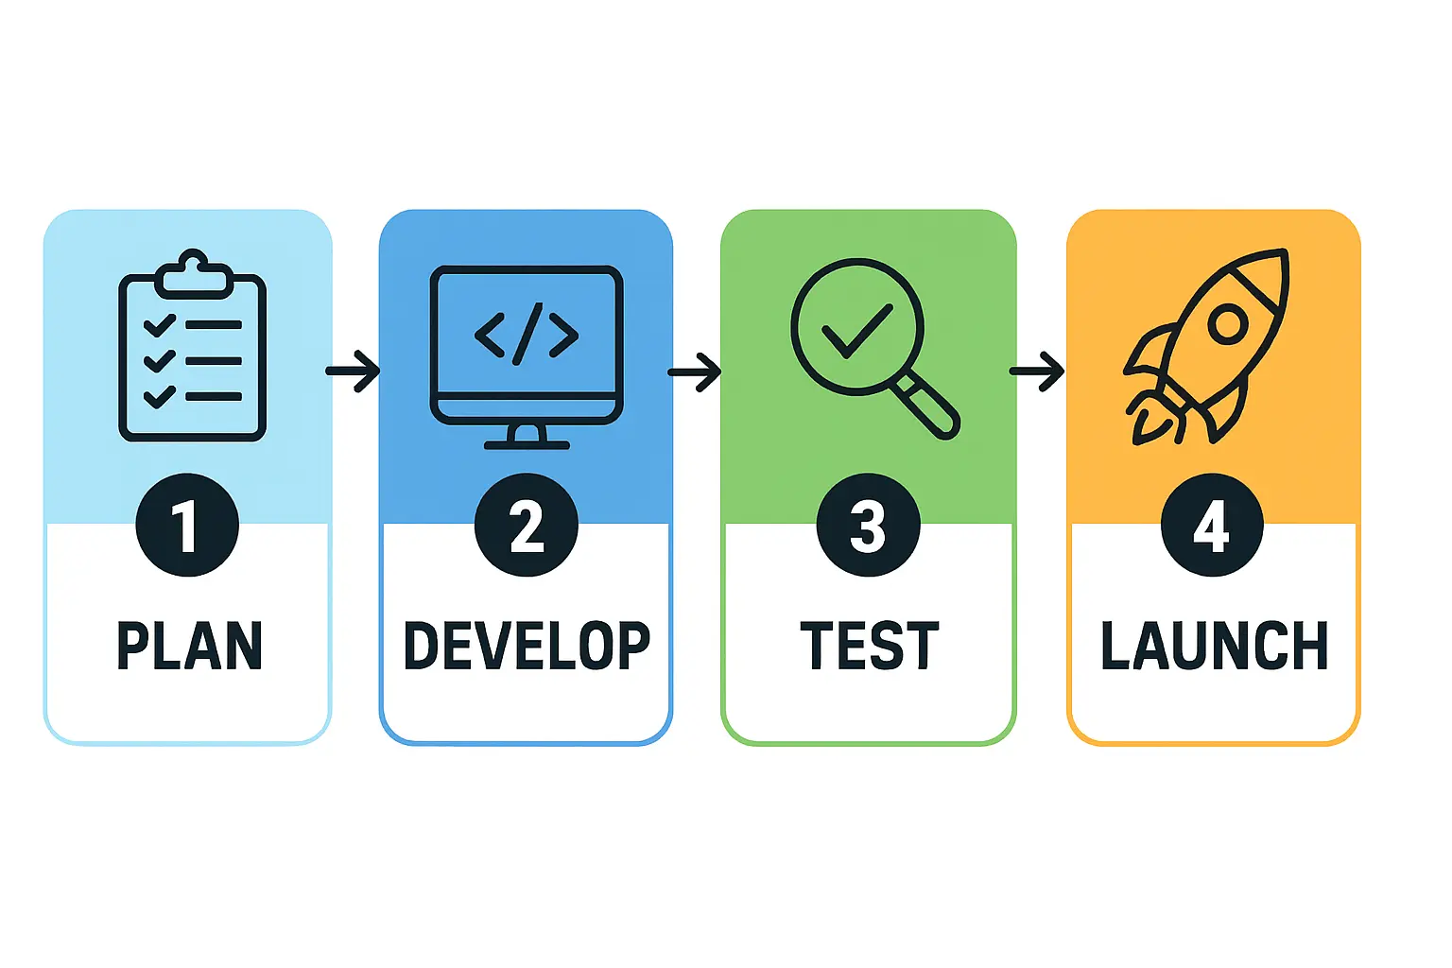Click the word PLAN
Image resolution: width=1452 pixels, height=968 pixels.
189,647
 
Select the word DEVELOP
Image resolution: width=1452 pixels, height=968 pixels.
527,647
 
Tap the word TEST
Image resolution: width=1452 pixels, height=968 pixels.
869,647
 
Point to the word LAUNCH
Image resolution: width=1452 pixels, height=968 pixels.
1214,647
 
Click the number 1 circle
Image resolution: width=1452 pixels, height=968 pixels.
187,526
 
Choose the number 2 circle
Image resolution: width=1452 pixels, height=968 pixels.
527,526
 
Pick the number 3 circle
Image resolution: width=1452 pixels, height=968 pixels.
868,526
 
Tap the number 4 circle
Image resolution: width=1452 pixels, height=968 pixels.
1212,526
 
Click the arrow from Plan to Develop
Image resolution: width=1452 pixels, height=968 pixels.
354,371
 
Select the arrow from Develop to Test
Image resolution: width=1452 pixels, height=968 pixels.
695,372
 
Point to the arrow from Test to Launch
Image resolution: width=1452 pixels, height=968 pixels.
1037,372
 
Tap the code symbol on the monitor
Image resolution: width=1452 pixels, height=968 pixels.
527,335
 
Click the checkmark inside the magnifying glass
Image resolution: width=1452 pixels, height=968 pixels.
856,331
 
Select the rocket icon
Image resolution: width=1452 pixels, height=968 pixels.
1210,346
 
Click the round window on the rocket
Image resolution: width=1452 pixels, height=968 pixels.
1228,324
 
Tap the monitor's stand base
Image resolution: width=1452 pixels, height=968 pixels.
527,443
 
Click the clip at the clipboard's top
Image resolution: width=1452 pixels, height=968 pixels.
194,271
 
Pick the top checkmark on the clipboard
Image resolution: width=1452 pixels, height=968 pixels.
159,326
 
